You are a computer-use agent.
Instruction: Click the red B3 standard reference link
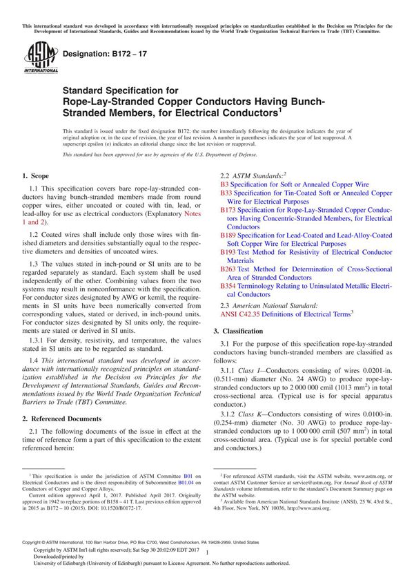[x=224, y=186]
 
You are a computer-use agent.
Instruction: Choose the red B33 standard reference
[x=226, y=194]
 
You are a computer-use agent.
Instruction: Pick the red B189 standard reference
[x=228, y=235]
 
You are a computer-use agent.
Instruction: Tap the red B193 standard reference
[x=228, y=253]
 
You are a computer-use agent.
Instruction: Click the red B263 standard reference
[x=228, y=269]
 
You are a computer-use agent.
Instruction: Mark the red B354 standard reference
[x=228, y=286]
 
